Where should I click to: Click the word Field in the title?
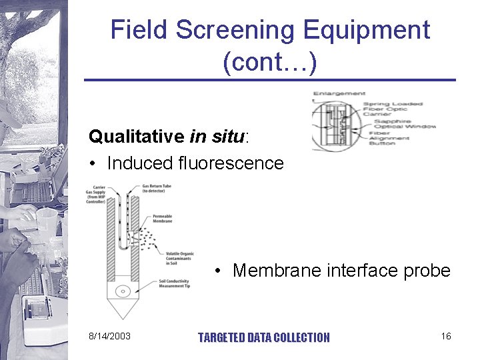(138, 31)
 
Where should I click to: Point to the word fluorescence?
(231, 163)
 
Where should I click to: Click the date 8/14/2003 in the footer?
(109, 336)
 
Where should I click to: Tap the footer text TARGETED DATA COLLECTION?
(264, 337)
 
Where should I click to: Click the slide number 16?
(446, 336)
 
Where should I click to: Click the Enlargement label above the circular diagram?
(339, 93)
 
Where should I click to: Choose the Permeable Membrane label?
(163, 218)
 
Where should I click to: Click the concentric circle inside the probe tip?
(122, 291)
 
